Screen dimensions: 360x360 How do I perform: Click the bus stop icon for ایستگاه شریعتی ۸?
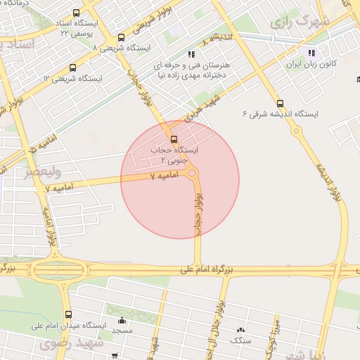click(x=121, y=37)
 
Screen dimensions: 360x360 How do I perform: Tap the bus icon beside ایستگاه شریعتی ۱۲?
click(x=72, y=67)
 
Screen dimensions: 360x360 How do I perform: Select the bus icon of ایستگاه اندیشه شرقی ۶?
click(x=281, y=103)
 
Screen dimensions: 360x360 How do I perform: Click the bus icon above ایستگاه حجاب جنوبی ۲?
click(x=174, y=139)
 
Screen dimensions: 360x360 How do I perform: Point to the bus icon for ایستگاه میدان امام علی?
click(x=68, y=314)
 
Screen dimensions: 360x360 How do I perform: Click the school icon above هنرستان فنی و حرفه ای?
click(x=191, y=53)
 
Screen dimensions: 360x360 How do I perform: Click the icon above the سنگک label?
click(x=241, y=329)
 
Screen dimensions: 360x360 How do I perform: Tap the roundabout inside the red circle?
click(x=192, y=173)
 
